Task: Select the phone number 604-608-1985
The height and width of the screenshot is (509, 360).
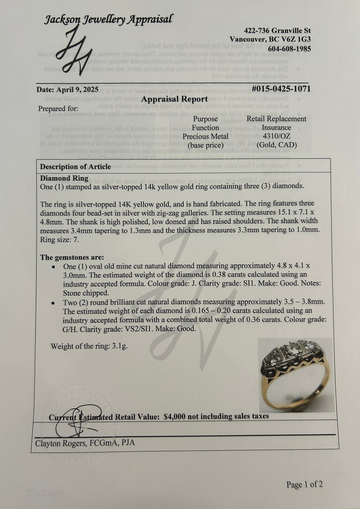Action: (x=289, y=49)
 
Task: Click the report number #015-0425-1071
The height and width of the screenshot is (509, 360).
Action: (x=281, y=88)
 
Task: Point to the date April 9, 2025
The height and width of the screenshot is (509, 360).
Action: (x=67, y=90)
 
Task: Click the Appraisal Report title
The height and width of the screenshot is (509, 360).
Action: (x=174, y=99)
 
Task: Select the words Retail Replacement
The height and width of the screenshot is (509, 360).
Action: (x=276, y=119)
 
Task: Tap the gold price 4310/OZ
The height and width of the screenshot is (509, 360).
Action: (x=276, y=136)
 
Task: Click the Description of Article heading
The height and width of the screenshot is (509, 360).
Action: (x=75, y=167)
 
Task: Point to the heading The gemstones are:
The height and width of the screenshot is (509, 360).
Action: (x=72, y=257)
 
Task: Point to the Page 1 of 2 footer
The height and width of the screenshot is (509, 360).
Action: (x=304, y=485)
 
